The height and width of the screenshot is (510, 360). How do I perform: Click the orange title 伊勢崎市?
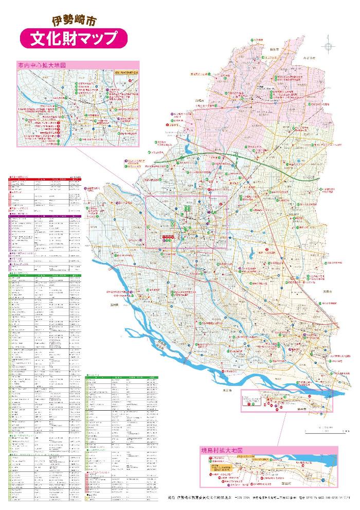click(x=74, y=21)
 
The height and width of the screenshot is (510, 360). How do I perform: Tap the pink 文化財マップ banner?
click(x=73, y=39)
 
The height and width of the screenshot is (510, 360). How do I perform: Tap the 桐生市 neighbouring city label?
click(x=274, y=49)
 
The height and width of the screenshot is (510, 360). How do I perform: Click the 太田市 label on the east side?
click(x=328, y=291)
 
